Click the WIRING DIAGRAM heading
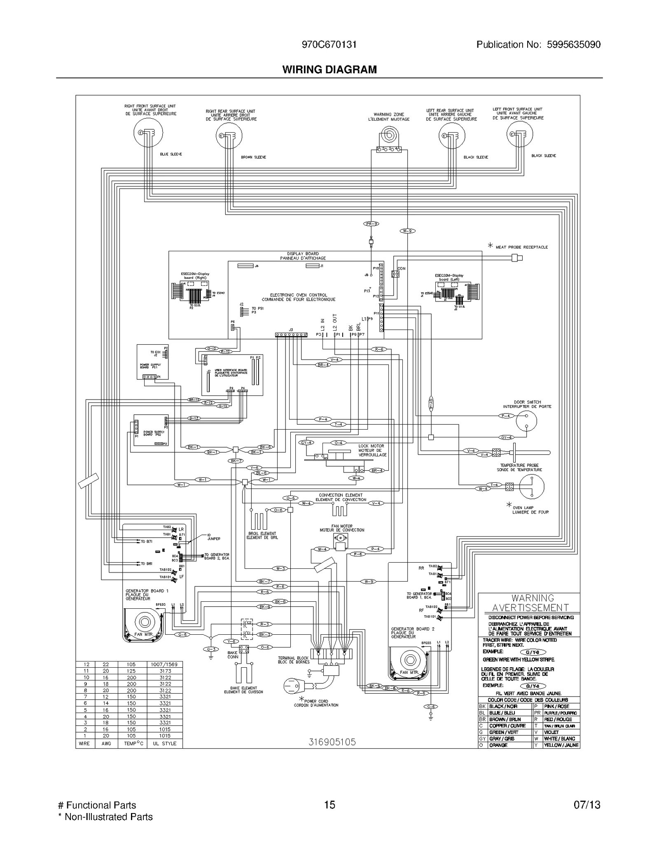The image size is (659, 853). click(329, 70)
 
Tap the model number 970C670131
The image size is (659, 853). click(329, 44)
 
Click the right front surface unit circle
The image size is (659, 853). click(148, 132)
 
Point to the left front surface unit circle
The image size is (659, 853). click(519, 134)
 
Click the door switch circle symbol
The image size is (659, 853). click(526, 421)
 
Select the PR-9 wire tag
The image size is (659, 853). click(371, 224)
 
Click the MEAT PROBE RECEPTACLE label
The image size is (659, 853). click(521, 247)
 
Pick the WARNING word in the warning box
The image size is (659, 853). click(533, 598)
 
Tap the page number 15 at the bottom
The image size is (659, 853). click(329, 805)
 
